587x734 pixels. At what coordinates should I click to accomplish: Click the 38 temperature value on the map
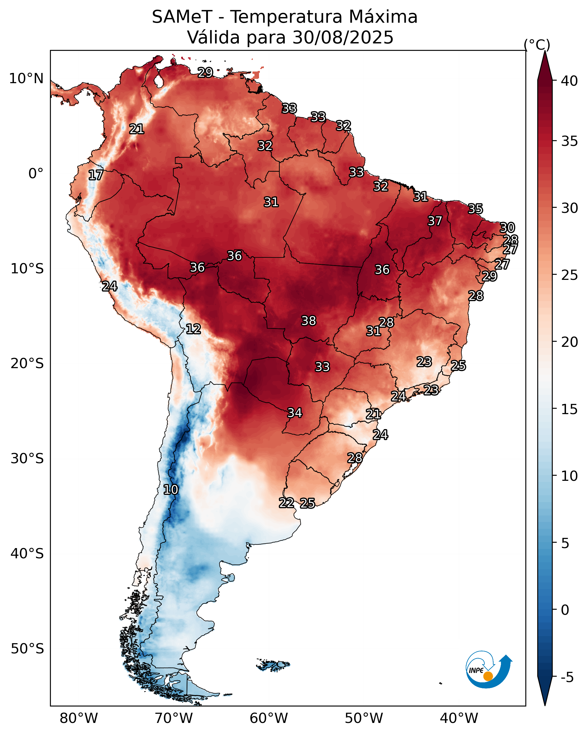click(x=309, y=321)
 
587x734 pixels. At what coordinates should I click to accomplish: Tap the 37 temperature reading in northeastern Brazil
click(x=435, y=221)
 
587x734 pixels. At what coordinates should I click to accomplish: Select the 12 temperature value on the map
click(x=193, y=329)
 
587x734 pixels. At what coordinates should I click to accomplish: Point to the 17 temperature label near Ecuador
click(x=95, y=175)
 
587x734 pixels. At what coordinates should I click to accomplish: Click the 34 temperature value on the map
click(x=295, y=413)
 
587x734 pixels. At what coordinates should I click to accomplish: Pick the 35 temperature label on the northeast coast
click(x=475, y=208)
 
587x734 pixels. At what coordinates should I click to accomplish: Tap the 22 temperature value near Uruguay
click(x=287, y=503)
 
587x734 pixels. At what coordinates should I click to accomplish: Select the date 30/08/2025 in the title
click(x=343, y=37)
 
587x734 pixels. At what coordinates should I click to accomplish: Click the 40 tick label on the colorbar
click(x=569, y=81)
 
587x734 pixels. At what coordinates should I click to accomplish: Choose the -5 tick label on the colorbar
click(x=567, y=677)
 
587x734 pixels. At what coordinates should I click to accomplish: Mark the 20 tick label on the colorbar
click(x=569, y=342)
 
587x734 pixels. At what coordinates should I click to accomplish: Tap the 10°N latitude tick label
click(x=26, y=79)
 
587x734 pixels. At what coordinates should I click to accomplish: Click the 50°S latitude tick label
click(x=27, y=649)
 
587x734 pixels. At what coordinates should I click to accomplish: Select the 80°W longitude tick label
click(x=79, y=718)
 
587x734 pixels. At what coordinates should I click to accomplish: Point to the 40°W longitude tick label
click(x=459, y=718)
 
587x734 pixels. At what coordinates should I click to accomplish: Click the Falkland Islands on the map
click(x=273, y=665)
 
